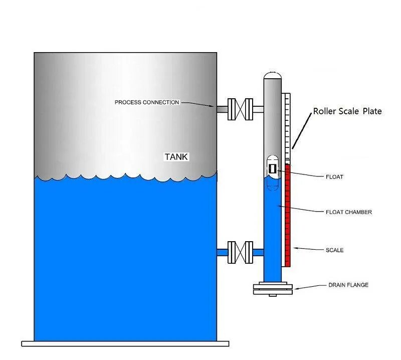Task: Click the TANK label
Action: click(x=176, y=157)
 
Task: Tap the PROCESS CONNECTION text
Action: click(x=147, y=102)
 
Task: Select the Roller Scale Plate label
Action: click(x=347, y=111)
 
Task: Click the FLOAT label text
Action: click(x=335, y=177)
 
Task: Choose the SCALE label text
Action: click(x=335, y=250)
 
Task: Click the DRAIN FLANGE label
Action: click(x=348, y=285)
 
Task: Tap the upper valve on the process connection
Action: click(x=239, y=109)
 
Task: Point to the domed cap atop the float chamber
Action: click(x=273, y=75)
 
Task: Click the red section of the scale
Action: click(x=288, y=216)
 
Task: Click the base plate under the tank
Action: click(x=125, y=343)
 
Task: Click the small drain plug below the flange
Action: click(x=273, y=295)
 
